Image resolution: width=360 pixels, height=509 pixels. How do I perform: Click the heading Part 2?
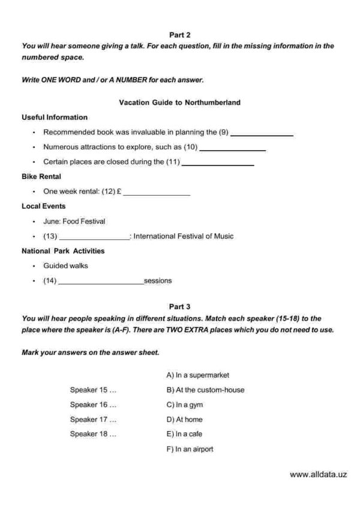180,35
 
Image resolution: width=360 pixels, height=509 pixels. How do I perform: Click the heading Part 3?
180,307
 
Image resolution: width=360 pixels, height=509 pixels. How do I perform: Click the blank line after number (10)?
232,149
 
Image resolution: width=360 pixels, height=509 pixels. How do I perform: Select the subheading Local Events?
44,206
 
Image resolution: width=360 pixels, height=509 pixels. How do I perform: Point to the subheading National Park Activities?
63,251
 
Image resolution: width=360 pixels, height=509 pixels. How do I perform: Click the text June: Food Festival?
74,221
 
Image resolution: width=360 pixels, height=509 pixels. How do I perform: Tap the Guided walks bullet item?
66,265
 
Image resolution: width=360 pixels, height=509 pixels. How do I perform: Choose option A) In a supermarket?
198,375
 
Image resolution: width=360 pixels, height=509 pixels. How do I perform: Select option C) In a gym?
185,405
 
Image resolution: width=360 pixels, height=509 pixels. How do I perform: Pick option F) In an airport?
190,449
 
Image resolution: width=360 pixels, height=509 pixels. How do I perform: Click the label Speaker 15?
93,390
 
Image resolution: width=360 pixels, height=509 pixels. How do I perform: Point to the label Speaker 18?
93,434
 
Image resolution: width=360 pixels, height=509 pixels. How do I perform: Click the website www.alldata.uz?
319,474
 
